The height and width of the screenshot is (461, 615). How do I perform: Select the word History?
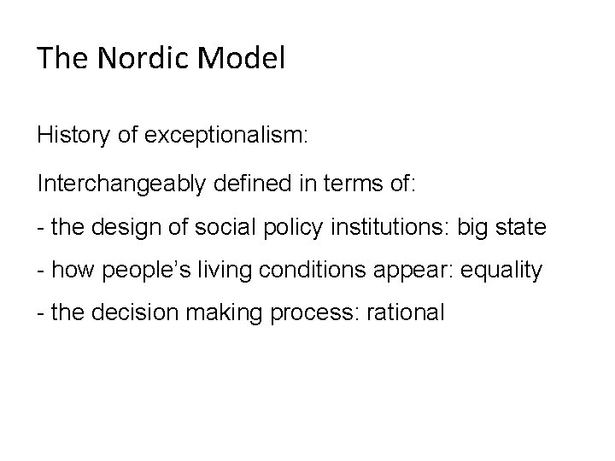click(x=72, y=136)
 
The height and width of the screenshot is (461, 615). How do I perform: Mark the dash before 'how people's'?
click(x=40, y=271)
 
